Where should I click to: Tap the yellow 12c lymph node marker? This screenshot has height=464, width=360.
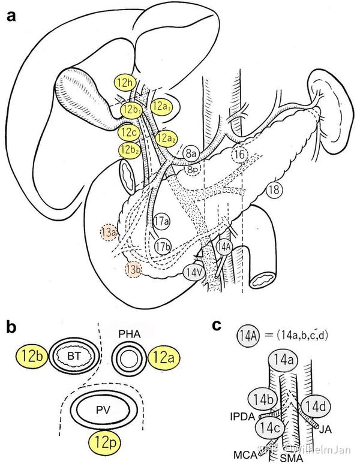coord(128,131)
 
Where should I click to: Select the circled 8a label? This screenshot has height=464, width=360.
coord(191,153)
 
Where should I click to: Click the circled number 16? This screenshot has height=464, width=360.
coord(239,154)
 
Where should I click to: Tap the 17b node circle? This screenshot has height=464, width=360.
coord(162,246)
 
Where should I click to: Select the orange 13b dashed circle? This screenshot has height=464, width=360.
coord(133,270)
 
